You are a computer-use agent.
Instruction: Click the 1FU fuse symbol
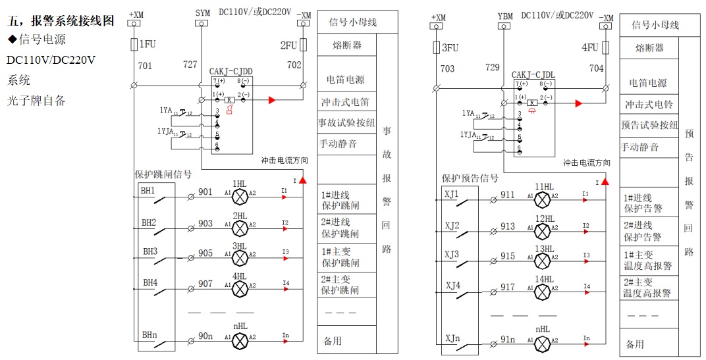pos(134,45)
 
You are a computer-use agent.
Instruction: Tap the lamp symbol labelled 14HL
pos(542,290)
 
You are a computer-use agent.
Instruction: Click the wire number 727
pos(190,65)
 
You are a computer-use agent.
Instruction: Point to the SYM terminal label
pos(203,13)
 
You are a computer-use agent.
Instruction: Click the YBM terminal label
pos(505,16)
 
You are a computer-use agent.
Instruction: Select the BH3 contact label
pos(149,251)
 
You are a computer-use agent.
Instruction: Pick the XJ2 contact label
pos(452,225)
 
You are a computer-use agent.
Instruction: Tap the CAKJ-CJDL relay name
pos(533,74)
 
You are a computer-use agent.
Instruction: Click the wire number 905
pos(205,253)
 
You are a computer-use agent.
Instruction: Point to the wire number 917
pos(507,287)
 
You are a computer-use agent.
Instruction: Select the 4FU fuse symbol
pos(605,48)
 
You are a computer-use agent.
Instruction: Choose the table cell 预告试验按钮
pos(649,125)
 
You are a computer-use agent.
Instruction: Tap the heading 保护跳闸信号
pos(163,174)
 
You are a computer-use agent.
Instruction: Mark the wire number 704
pos(596,68)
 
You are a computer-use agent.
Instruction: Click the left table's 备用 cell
pos(333,341)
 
